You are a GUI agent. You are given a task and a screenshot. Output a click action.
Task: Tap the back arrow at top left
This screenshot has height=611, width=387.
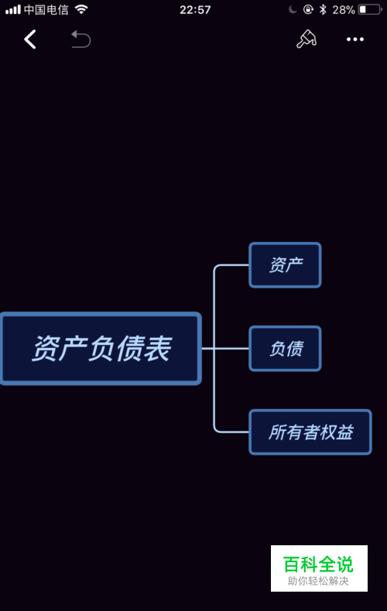coord(30,39)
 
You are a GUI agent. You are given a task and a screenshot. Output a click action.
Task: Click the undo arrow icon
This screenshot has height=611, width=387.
coord(80,39)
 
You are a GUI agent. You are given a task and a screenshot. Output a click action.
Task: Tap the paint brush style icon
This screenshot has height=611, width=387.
coord(307,39)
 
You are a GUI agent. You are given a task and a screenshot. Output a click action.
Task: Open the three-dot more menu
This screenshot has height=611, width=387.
coord(355,39)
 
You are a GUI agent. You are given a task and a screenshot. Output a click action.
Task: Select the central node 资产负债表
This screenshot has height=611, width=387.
coord(101,348)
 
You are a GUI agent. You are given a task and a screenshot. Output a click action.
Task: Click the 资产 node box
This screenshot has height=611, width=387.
coord(285,265)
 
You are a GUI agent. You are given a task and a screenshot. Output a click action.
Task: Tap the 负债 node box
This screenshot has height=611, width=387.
coord(285,348)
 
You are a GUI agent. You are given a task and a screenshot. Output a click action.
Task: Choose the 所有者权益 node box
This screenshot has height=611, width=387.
coord(310,432)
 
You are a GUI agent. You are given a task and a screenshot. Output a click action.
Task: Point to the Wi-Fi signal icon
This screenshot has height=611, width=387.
coord(81,9)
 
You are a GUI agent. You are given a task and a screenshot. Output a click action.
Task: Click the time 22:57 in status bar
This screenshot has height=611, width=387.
coord(195,10)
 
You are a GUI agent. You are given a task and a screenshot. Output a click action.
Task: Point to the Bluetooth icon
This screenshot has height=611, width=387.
coord(323,9)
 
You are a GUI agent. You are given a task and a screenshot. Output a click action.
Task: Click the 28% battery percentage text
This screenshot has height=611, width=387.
coord(344,10)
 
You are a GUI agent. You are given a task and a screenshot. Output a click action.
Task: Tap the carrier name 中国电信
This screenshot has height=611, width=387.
coord(46,9)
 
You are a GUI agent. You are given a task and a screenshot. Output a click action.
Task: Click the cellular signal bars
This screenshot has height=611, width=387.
coord(13,9)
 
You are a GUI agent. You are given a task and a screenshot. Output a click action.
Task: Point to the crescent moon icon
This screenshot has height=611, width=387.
coord(293,9)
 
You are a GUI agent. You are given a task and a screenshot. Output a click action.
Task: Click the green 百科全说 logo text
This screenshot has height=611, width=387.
coord(318,565)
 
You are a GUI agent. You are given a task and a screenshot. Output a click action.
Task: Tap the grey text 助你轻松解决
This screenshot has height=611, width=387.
coord(318,581)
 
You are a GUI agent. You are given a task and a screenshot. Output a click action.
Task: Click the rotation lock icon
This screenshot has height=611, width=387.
coord(308,9)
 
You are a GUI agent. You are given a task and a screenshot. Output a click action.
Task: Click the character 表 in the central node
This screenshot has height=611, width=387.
coord(158,348)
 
